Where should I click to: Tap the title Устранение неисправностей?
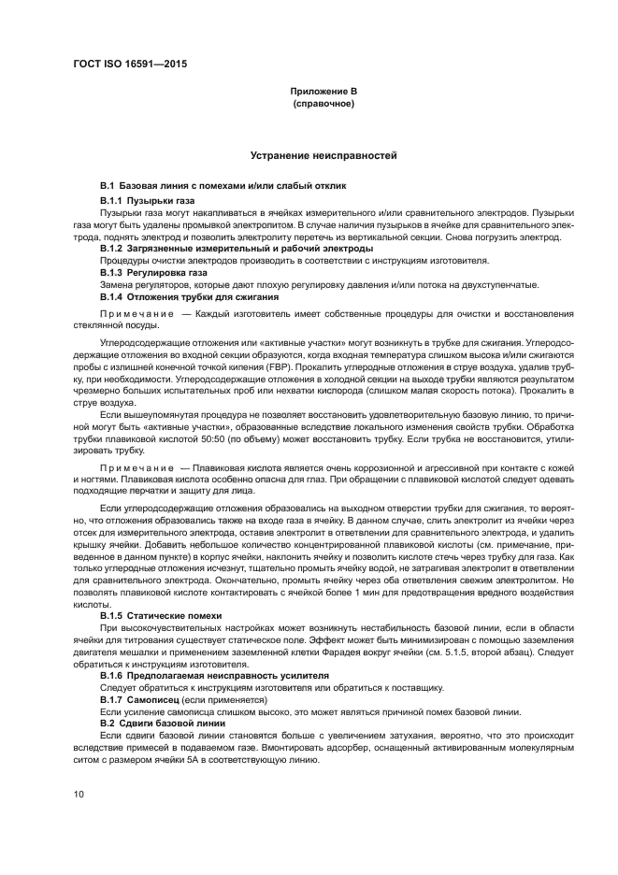pos(323,155)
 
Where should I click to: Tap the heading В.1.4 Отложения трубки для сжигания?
pos(184,296)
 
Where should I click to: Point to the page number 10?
pos(79,794)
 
